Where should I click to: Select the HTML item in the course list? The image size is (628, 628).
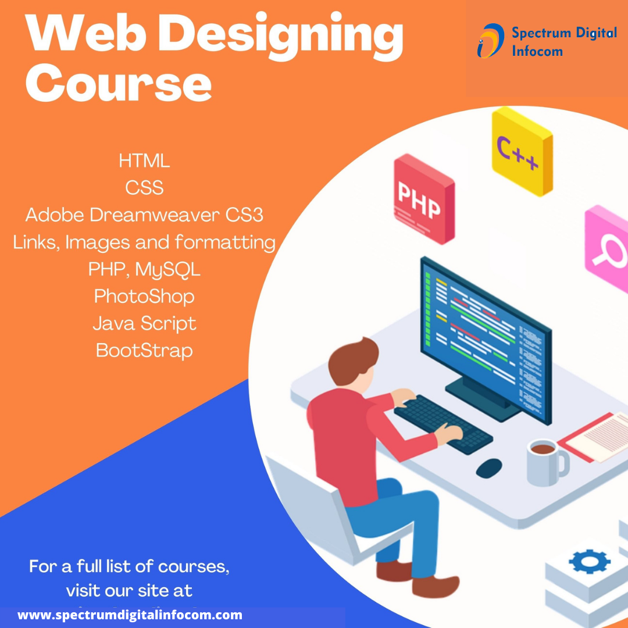click(144, 160)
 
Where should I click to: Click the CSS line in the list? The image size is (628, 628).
click(144, 188)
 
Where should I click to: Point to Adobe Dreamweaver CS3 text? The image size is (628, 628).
click(144, 215)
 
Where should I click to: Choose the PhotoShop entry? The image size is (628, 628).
click(144, 297)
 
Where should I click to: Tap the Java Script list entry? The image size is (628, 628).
click(144, 323)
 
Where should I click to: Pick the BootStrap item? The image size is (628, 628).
click(144, 351)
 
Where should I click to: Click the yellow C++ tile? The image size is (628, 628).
click(522, 151)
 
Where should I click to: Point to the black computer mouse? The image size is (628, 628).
click(489, 468)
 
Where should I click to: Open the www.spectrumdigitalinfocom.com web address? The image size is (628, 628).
click(130, 615)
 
